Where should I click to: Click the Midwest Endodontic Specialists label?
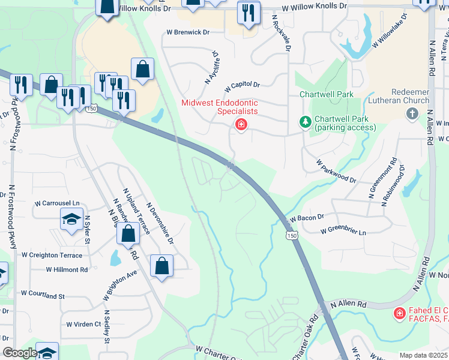[220, 107]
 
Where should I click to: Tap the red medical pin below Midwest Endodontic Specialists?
[241, 124]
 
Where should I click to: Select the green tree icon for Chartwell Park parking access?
[306, 122]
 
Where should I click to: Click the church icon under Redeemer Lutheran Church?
[412, 113]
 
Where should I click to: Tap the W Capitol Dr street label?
[243, 86]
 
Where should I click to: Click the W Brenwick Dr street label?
[188, 32]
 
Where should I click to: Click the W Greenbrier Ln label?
[342, 230]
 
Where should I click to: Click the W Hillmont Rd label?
[67, 270]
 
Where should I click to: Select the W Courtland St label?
[43, 295]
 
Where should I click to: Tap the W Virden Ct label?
[83, 324]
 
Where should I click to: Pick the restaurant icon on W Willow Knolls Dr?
[249, 13]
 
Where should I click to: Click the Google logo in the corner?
[20, 353]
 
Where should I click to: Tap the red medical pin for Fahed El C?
[399, 313]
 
